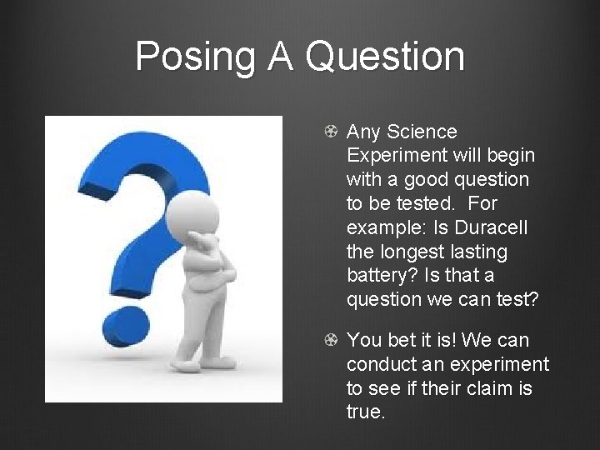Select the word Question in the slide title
384,57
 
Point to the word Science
424,132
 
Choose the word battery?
380,275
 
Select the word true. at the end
366,412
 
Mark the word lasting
477,251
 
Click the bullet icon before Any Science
331,132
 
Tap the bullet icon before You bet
331,340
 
